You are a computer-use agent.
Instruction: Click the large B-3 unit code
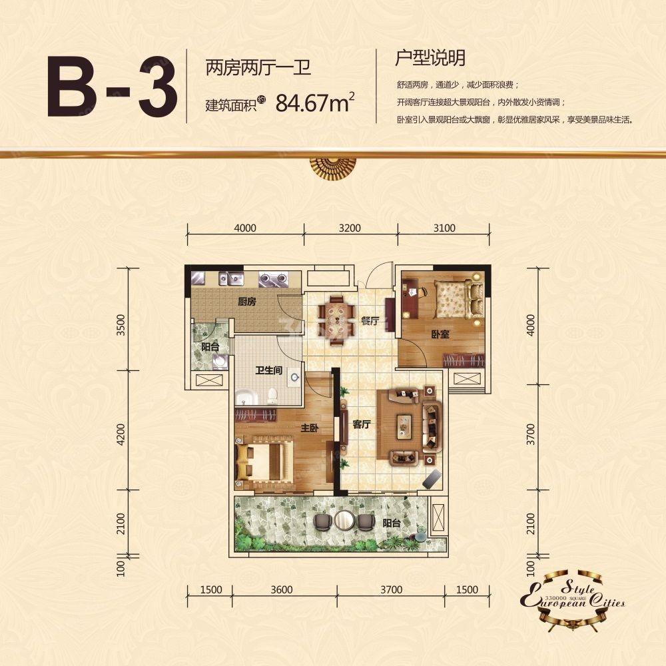click(x=112, y=89)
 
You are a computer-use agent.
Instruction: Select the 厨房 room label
click(x=247, y=302)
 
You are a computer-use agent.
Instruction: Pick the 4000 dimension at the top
click(x=245, y=228)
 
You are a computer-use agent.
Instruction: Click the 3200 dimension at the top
click(x=350, y=228)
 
